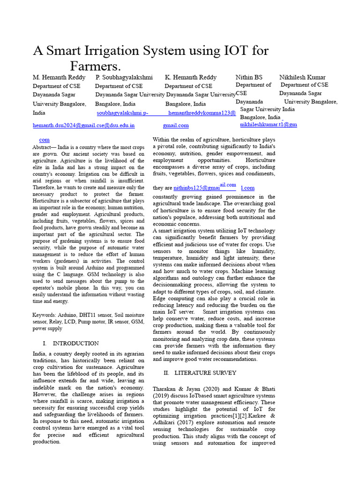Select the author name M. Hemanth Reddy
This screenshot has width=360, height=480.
[x=59, y=77]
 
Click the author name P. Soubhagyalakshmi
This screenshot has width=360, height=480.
[x=124, y=77]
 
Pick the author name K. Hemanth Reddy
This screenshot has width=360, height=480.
[x=191, y=77]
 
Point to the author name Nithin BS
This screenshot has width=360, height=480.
[x=249, y=77]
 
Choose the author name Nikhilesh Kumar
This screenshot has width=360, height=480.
[x=302, y=77]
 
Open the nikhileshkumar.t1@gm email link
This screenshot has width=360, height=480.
[x=269, y=125]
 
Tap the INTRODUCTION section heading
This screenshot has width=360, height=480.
[x=75, y=344]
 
